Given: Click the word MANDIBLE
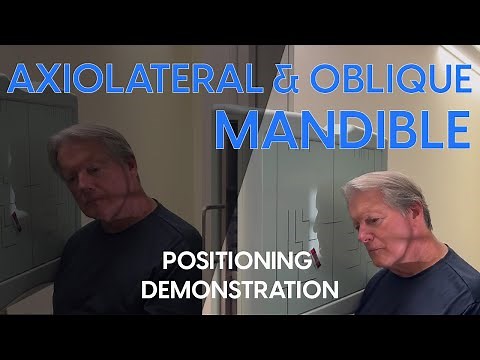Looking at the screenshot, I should click(x=343, y=128).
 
